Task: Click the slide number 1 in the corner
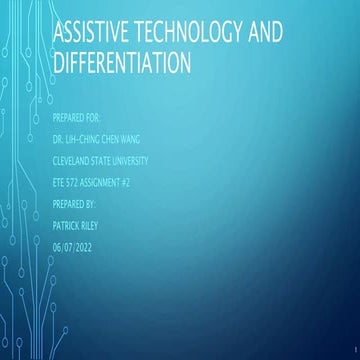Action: (354, 354)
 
